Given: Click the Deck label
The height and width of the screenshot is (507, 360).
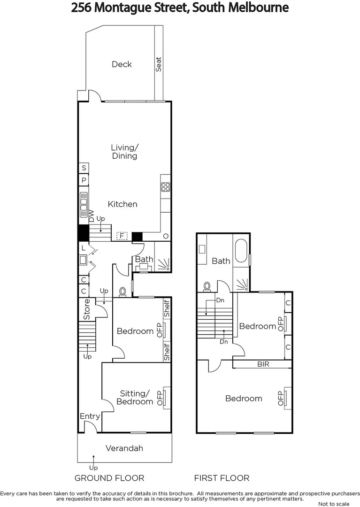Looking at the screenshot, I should click(122, 64).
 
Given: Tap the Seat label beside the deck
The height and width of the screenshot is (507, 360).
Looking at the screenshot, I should click(159, 64).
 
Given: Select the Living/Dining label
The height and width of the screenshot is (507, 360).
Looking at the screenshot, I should click(124, 152).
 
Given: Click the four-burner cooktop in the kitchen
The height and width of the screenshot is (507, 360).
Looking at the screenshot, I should click(165, 187).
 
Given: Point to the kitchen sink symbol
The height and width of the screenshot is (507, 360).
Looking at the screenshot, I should click(84, 202).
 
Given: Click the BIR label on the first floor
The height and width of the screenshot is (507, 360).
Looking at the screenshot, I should click(263, 364).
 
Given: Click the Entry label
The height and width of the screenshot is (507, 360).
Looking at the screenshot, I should click(90, 416).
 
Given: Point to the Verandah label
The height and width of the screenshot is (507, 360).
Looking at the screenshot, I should click(124, 448).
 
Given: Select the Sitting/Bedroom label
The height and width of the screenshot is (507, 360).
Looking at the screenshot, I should click(135, 397).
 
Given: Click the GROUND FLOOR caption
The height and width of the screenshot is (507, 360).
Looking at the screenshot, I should click(109, 478).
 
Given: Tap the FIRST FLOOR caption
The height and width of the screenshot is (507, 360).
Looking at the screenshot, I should click(222, 478).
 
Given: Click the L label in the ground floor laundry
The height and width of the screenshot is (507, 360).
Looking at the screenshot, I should click(83, 248).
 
